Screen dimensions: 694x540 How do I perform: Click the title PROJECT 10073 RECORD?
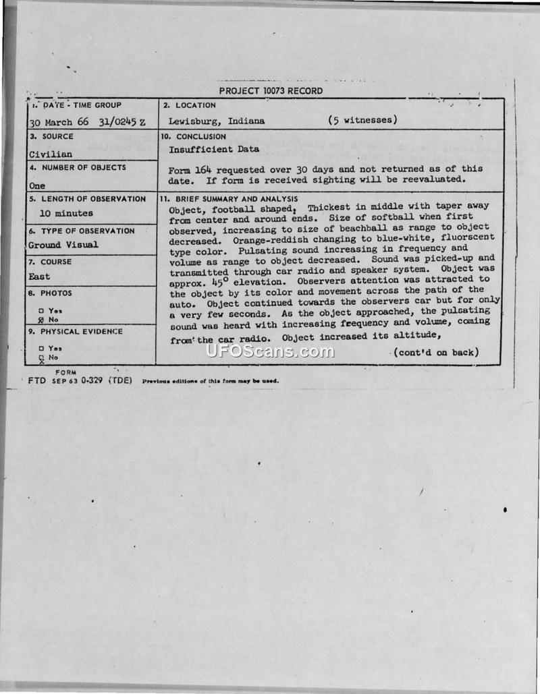271,91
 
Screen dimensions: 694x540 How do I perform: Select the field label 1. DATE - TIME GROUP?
76,105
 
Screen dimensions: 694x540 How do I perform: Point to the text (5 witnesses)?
362,121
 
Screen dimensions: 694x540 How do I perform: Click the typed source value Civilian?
50,154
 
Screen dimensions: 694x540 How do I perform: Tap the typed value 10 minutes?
66,213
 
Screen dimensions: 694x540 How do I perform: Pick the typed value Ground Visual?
63,245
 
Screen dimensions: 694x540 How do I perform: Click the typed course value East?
39,277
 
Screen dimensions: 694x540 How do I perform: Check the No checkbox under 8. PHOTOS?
41,320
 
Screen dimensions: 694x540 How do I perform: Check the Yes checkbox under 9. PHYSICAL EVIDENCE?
41,348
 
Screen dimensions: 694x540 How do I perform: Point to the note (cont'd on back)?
436,352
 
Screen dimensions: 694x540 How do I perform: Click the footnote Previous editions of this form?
210,381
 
